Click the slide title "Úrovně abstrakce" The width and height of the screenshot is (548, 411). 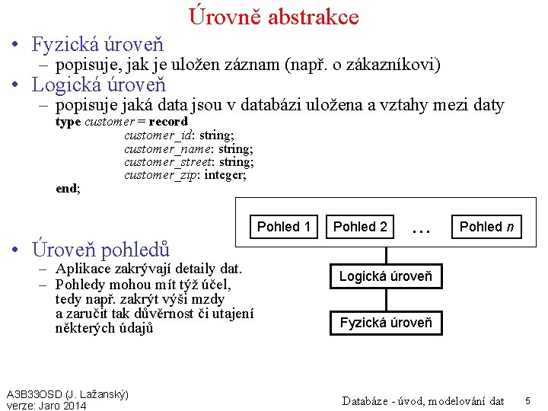click(273, 16)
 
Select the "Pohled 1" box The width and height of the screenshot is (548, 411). click(284, 227)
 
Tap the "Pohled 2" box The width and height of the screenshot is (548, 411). click(360, 227)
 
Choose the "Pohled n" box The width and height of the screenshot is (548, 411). click(486, 227)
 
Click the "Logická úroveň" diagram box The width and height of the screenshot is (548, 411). click(385, 276)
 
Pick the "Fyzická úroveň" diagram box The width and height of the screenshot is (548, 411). click(385, 323)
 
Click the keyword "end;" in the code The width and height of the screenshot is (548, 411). click(68, 189)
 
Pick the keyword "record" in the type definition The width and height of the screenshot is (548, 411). click(168, 122)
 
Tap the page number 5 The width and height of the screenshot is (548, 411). click(527, 400)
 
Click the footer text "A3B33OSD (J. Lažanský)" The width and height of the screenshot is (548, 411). click(67, 394)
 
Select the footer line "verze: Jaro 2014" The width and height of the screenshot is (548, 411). click(46, 406)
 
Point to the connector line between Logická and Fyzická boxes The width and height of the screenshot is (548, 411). click(385, 299)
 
